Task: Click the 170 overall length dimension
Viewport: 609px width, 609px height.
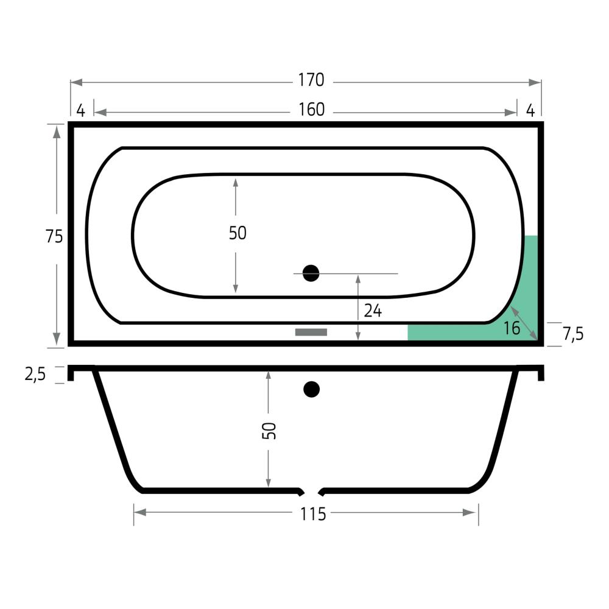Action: coord(311,80)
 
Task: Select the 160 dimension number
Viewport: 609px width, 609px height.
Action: coord(311,110)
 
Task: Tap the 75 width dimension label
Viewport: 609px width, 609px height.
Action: coord(54,236)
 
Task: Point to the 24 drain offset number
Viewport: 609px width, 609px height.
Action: coord(373,311)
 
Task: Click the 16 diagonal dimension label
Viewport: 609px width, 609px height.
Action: coord(512,329)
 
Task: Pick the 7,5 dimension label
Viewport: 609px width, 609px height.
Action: coord(573,334)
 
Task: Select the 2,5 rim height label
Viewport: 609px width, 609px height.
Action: coord(35,375)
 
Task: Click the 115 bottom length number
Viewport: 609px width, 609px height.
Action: coord(312,515)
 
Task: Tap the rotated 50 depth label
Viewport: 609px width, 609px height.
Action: coord(269,431)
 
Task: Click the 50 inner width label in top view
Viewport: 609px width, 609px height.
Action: coord(238,233)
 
